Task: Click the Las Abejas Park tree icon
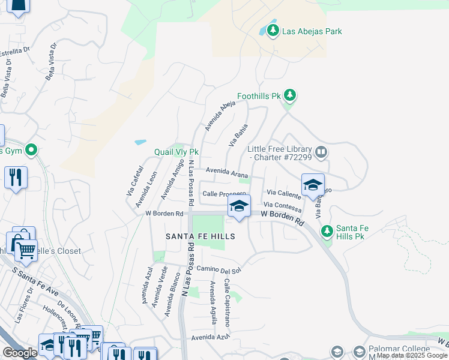[273, 30]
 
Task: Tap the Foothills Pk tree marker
[291, 95]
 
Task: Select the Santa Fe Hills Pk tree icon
[327, 231]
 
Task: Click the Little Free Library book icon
[322, 152]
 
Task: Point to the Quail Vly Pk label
[176, 152]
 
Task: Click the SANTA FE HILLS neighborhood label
[200, 237]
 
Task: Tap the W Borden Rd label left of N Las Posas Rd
[164, 214]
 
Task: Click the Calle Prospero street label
[224, 194]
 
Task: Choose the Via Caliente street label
[283, 193]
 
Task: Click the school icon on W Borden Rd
[239, 207]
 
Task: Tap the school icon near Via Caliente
[313, 185]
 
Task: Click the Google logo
[20, 353]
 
